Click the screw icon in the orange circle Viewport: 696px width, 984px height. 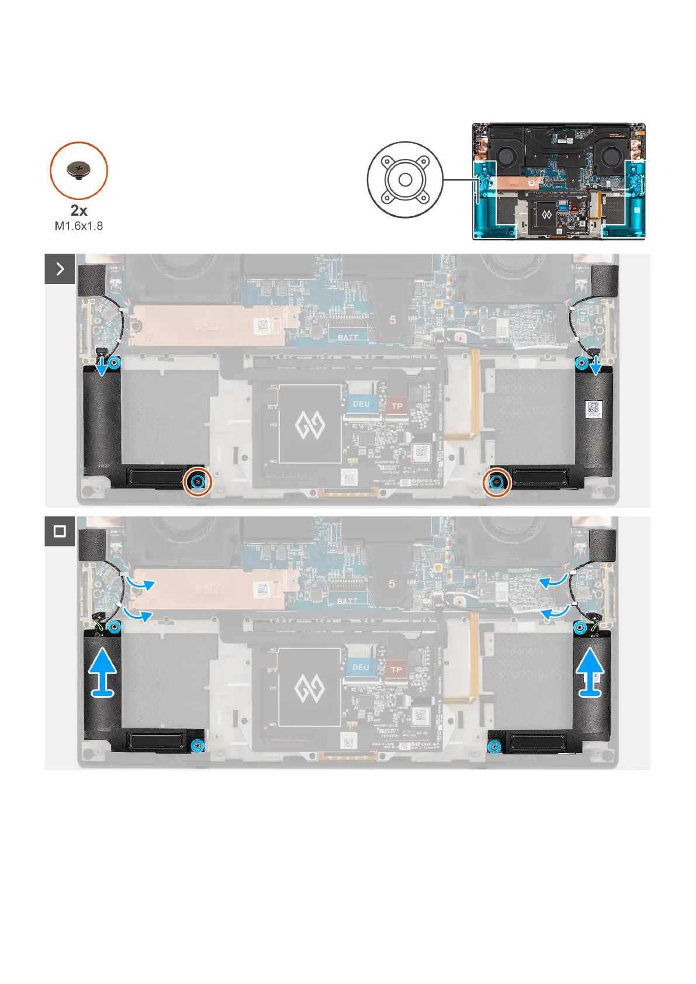coord(78,170)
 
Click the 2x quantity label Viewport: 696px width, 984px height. coord(79,210)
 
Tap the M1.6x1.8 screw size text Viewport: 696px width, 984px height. coord(79,226)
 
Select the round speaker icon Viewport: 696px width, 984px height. coord(404,179)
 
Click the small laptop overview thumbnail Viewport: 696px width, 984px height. coord(559,181)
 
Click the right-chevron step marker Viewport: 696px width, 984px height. coord(60,269)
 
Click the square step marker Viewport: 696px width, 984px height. coord(60,531)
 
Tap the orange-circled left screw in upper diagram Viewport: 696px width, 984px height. coord(198,481)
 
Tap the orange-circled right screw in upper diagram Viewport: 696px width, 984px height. coord(497,481)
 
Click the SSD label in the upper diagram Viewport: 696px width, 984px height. coord(206,324)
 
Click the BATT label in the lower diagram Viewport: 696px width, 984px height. coord(347,601)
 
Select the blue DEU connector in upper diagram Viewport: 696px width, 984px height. coord(361,404)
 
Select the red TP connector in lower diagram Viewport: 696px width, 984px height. coord(396,669)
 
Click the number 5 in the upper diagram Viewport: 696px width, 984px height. coord(393,320)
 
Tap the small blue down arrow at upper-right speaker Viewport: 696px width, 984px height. coord(595,366)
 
